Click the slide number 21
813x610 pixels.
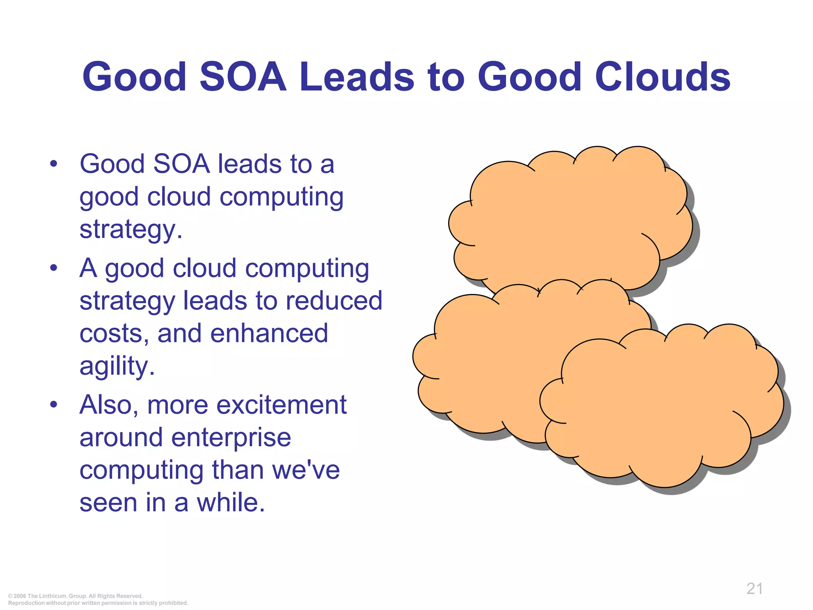tap(754, 589)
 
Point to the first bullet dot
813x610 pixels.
tap(54, 164)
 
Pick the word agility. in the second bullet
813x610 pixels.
tap(117, 366)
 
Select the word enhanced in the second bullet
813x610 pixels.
tap(269, 333)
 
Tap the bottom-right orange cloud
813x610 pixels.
tap(663, 409)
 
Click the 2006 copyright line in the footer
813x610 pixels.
tap(75, 596)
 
